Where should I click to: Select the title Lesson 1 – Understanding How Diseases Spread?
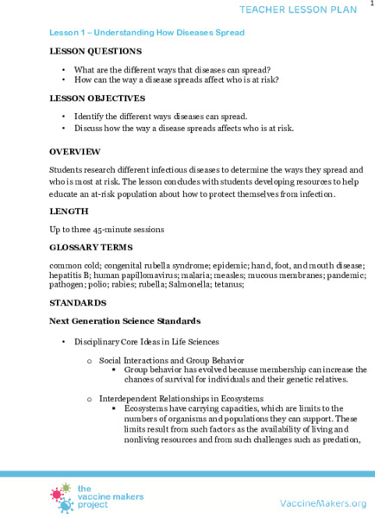pos(147,33)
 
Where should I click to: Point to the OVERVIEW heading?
pos(75,152)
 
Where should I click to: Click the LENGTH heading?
pos(68,211)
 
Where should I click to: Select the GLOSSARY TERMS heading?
pos(92,247)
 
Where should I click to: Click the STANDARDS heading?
pos(78,303)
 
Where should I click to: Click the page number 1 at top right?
pos(371,4)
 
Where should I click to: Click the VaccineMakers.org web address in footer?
pos(323,503)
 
